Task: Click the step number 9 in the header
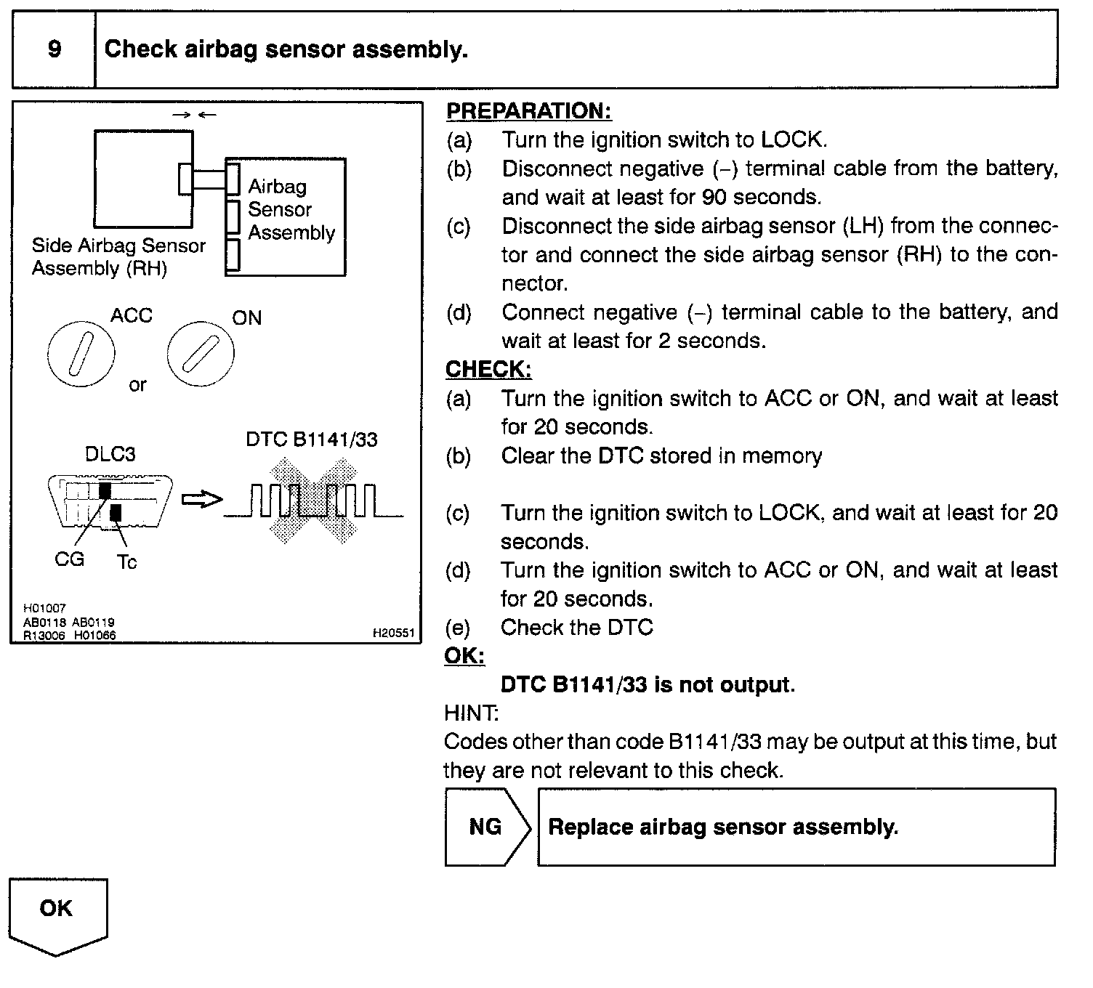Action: pyautogui.click(x=55, y=49)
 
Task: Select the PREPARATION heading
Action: pyautogui.click(x=528, y=111)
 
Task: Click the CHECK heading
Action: pyautogui.click(x=488, y=369)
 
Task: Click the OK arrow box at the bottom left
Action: pyautogui.click(x=57, y=912)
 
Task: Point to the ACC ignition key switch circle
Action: pyautogui.click(x=80, y=353)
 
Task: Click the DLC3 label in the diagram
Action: pyautogui.click(x=110, y=454)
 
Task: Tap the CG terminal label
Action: pyautogui.click(x=69, y=559)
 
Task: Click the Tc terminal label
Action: pyautogui.click(x=126, y=562)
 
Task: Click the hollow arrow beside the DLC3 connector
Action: pyautogui.click(x=201, y=500)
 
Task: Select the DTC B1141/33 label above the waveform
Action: pyautogui.click(x=312, y=440)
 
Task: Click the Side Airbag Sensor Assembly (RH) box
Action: pyautogui.click(x=143, y=178)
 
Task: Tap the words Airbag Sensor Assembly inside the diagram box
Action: pyautogui.click(x=291, y=210)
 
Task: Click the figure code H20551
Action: pyautogui.click(x=393, y=633)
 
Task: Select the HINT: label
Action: pyautogui.click(x=471, y=713)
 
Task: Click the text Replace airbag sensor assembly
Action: pyautogui.click(x=723, y=827)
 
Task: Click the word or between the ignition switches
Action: pyautogui.click(x=137, y=385)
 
